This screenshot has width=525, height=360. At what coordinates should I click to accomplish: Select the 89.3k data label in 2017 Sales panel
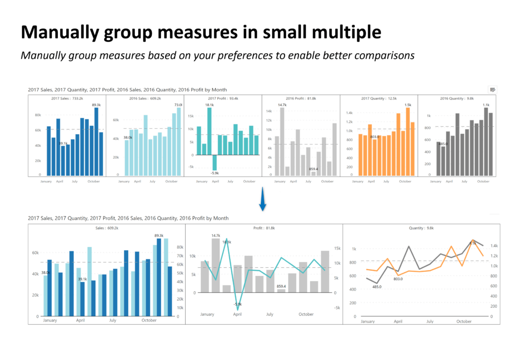click(96, 104)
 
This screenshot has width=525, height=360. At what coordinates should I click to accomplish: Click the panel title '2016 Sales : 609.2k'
click(145, 98)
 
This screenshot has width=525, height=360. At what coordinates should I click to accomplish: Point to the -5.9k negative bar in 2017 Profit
click(214, 163)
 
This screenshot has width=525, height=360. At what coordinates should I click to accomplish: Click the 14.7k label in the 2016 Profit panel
click(282, 105)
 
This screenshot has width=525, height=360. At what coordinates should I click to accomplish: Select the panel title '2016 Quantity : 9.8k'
click(457, 98)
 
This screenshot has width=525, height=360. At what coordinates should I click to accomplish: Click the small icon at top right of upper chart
click(493, 90)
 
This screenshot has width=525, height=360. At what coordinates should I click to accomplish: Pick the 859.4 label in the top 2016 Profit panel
click(313, 169)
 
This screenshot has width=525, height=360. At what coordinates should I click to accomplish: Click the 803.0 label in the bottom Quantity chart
click(398, 278)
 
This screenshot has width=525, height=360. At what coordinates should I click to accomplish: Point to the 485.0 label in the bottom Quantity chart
click(376, 287)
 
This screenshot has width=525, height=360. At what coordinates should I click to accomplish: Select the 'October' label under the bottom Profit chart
click(306, 314)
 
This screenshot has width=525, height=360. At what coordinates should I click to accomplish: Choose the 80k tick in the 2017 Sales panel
click(38, 115)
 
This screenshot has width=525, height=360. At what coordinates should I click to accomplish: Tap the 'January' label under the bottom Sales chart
click(50, 321)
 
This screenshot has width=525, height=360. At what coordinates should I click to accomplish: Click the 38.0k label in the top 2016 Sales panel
click(128, 137)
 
